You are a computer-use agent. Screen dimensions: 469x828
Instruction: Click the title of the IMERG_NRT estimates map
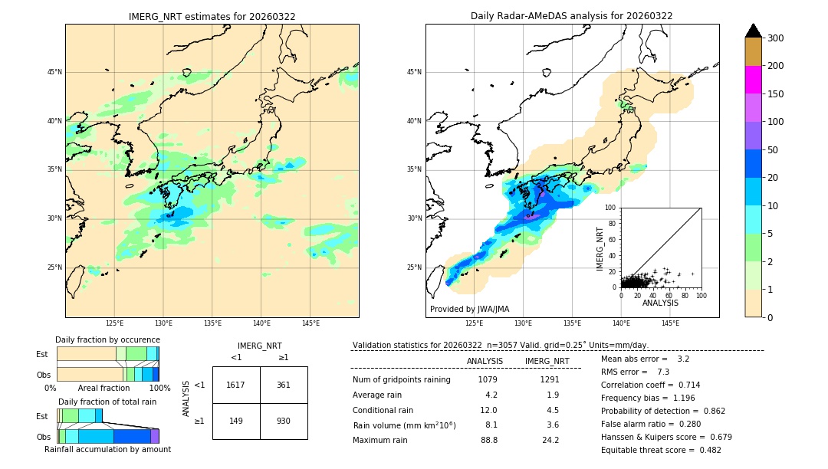tap(212, 16)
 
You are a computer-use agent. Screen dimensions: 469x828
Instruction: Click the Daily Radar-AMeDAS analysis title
tap(571, 16)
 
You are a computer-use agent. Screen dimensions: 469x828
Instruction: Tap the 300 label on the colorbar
tap(776, 38)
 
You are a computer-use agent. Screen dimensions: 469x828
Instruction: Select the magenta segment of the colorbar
tap(753, 80)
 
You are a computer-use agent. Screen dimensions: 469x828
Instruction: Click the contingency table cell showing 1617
tap(235, 385)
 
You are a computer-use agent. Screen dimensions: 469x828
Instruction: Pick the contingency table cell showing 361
tap(283, 385)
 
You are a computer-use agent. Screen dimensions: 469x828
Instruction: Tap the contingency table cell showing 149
tap(235, 421)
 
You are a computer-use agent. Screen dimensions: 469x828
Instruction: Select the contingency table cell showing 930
tap(283, 421)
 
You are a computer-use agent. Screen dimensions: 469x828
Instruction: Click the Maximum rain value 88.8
tap(489, 440)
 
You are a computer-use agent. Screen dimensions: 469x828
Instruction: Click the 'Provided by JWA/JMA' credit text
tap(469, 310)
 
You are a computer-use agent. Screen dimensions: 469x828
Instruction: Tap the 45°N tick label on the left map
tap(54, 72)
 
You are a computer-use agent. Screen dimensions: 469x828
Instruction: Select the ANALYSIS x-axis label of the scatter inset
tap(660, 303)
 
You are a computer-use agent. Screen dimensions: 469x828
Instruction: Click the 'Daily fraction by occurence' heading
tap(107, 339)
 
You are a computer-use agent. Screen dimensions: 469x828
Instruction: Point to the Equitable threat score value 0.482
tap(705, 450)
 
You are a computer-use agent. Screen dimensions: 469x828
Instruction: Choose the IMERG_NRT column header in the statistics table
tap(547, 361)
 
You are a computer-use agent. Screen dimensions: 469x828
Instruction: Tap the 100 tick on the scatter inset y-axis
tap(611, 207)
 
